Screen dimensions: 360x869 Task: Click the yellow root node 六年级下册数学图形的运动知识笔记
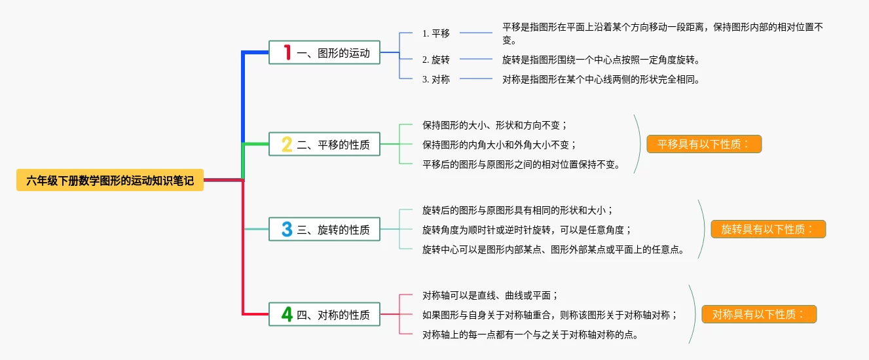(x=110, y=180)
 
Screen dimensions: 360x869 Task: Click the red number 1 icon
(x=287, y=52)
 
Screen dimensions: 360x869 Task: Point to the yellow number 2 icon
(x=287, y=144)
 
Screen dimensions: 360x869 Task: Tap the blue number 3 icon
(x=287, y=229)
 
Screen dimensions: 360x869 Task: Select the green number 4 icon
(x=287, y=314)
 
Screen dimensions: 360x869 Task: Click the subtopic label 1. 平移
(x=436, y=33)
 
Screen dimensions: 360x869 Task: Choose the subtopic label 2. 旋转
(x=436, y=60)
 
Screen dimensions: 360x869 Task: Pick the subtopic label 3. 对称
(x=436, y=79)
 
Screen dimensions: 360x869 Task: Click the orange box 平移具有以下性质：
(x=704, y=144)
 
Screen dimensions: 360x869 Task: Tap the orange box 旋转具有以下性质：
(x=768, y=229)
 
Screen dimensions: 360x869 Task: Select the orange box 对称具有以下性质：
(x=759, y=314)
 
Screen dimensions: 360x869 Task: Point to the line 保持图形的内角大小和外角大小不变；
(x=500, y=145)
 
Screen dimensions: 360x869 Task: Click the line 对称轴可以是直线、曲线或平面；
(x=490, y=295)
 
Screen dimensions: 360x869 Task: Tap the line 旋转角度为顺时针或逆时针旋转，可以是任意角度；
(x=528, y=230)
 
